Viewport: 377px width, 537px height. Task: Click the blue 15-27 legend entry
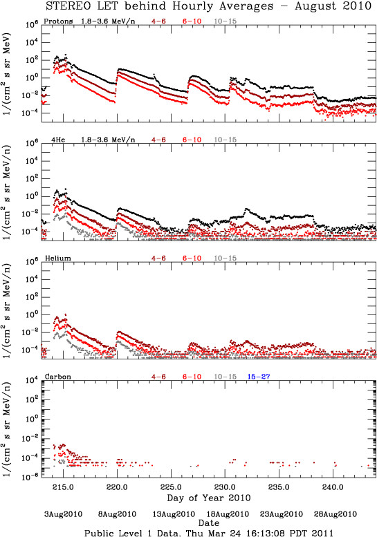coord(259,377)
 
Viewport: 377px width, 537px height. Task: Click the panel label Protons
coord(58,21)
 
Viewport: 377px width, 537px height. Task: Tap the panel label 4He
coord(58,140)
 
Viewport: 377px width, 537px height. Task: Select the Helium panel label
coord(58,258)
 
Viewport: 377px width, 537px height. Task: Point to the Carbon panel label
coord(58,377)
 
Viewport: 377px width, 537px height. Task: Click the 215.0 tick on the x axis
coord(64,487)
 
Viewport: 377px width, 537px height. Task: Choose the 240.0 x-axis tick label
coord(333,487)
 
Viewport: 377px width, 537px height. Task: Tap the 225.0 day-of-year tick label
coord(171,487)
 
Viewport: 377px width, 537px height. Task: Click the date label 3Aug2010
coord(64,514)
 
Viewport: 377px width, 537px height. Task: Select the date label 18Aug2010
coord(228,514)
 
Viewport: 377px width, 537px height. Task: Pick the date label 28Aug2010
coord(335,514)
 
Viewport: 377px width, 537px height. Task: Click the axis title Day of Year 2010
coord(209,498)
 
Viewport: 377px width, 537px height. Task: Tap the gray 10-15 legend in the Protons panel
coord(226,21)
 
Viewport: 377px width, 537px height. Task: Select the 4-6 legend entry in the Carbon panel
coord(158,377)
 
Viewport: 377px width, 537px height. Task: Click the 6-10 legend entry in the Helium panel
coord(192,258)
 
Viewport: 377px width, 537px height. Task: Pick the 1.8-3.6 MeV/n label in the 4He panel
coord(108,140)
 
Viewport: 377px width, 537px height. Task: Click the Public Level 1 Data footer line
coord(209,533)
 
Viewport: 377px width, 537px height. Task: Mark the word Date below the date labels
coord(209,523)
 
